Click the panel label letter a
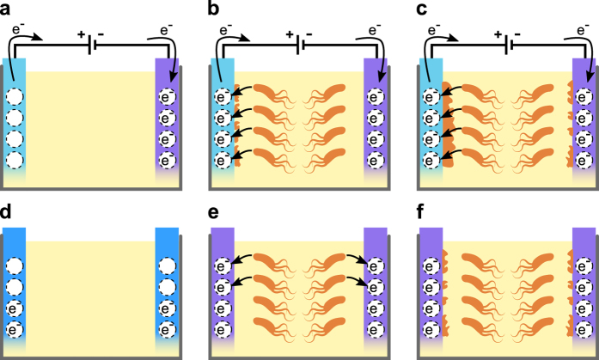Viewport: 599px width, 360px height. [x=6, y=10]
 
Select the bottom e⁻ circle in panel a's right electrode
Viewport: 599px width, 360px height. [x=167, y=160]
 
